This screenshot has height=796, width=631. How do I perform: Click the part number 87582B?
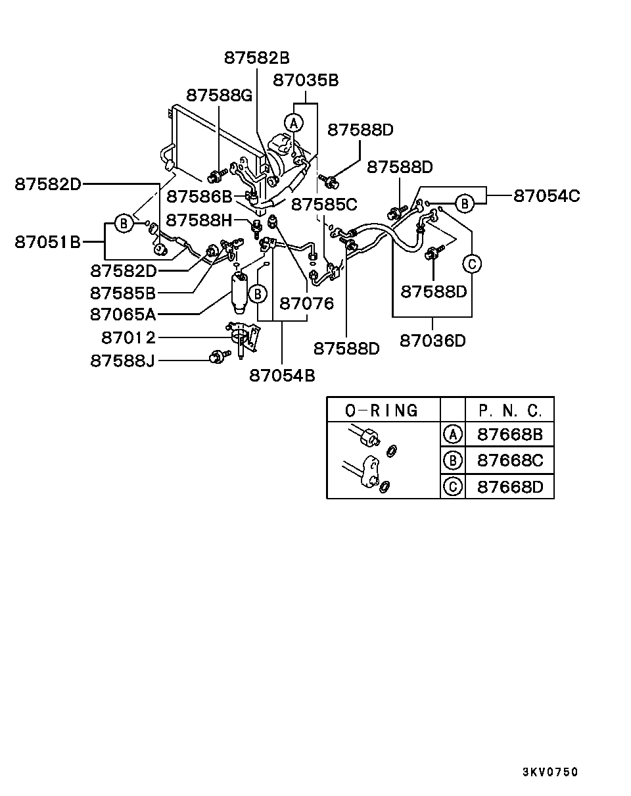pos(256,58)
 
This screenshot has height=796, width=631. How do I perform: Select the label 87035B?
pos(306,80)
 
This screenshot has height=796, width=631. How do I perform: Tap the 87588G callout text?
pos(219,95)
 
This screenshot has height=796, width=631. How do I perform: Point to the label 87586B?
pos(199,195)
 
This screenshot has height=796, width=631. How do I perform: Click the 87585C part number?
pos(324,204)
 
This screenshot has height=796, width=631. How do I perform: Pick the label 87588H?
pos(199,219)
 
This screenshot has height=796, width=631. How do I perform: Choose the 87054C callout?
pos(547,195)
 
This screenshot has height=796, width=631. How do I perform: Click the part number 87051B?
pos(48,242)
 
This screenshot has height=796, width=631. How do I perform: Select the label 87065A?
pos(123,313)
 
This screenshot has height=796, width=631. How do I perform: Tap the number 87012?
pos(129,338)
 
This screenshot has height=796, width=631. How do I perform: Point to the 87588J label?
pos(122,361)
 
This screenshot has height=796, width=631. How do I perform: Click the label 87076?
pos(307,304)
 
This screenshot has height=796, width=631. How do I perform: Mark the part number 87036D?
pos(432,341)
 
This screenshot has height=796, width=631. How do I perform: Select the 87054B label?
pos(282,375)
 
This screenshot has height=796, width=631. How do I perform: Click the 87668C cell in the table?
pos(510,460)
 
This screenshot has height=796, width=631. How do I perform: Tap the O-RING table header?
pos(382,410)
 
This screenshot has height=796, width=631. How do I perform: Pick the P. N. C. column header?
pos(510,410)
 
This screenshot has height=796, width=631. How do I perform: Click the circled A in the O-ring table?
pos(452,434)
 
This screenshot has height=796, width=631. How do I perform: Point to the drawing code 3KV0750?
pos(550,772)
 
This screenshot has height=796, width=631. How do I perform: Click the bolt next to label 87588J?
pos(218,357)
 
